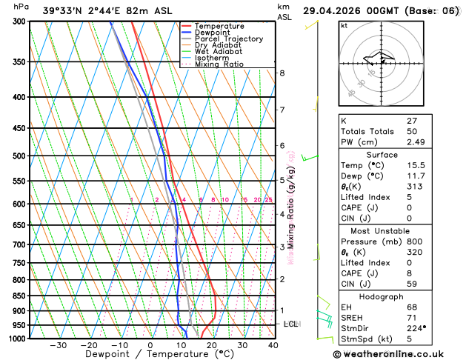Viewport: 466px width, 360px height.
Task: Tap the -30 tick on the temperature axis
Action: point(58,345)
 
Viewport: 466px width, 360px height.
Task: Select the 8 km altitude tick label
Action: point(282,73)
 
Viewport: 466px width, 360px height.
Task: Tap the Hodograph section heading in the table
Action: point(398,296)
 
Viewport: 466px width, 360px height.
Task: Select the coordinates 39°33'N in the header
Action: point(61,10)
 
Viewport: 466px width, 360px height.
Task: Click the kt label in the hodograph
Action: point(344,26)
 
